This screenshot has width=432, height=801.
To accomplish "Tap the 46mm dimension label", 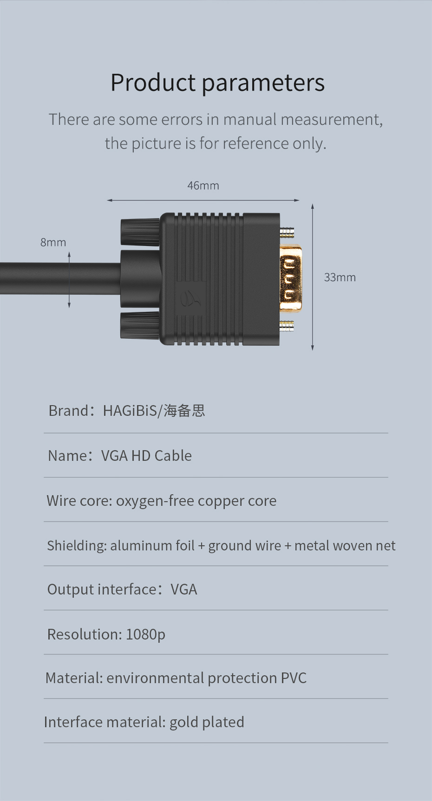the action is tap(203, 186).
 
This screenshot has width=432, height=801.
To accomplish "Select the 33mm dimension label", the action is tap(340, 278).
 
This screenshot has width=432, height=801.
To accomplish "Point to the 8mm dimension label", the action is tap(53, 242).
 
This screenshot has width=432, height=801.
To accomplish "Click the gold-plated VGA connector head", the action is tap(291, 278).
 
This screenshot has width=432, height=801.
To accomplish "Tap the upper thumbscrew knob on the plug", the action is tap(140, 232).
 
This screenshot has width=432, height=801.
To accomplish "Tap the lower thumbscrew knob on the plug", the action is tap(140, 325).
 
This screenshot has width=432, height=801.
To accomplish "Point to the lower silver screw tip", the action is tap(287, 325).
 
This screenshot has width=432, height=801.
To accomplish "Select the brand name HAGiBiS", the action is tap(131, 411).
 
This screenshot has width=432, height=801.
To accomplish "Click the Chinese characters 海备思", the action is tap(184, 411).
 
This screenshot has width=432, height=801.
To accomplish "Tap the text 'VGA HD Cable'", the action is tap(146, 456).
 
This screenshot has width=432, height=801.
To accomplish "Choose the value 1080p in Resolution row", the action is tap(145, 634).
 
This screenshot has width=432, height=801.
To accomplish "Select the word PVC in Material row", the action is tap(294, 678).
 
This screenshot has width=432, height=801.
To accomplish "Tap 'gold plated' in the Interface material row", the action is tap(207, 723).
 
